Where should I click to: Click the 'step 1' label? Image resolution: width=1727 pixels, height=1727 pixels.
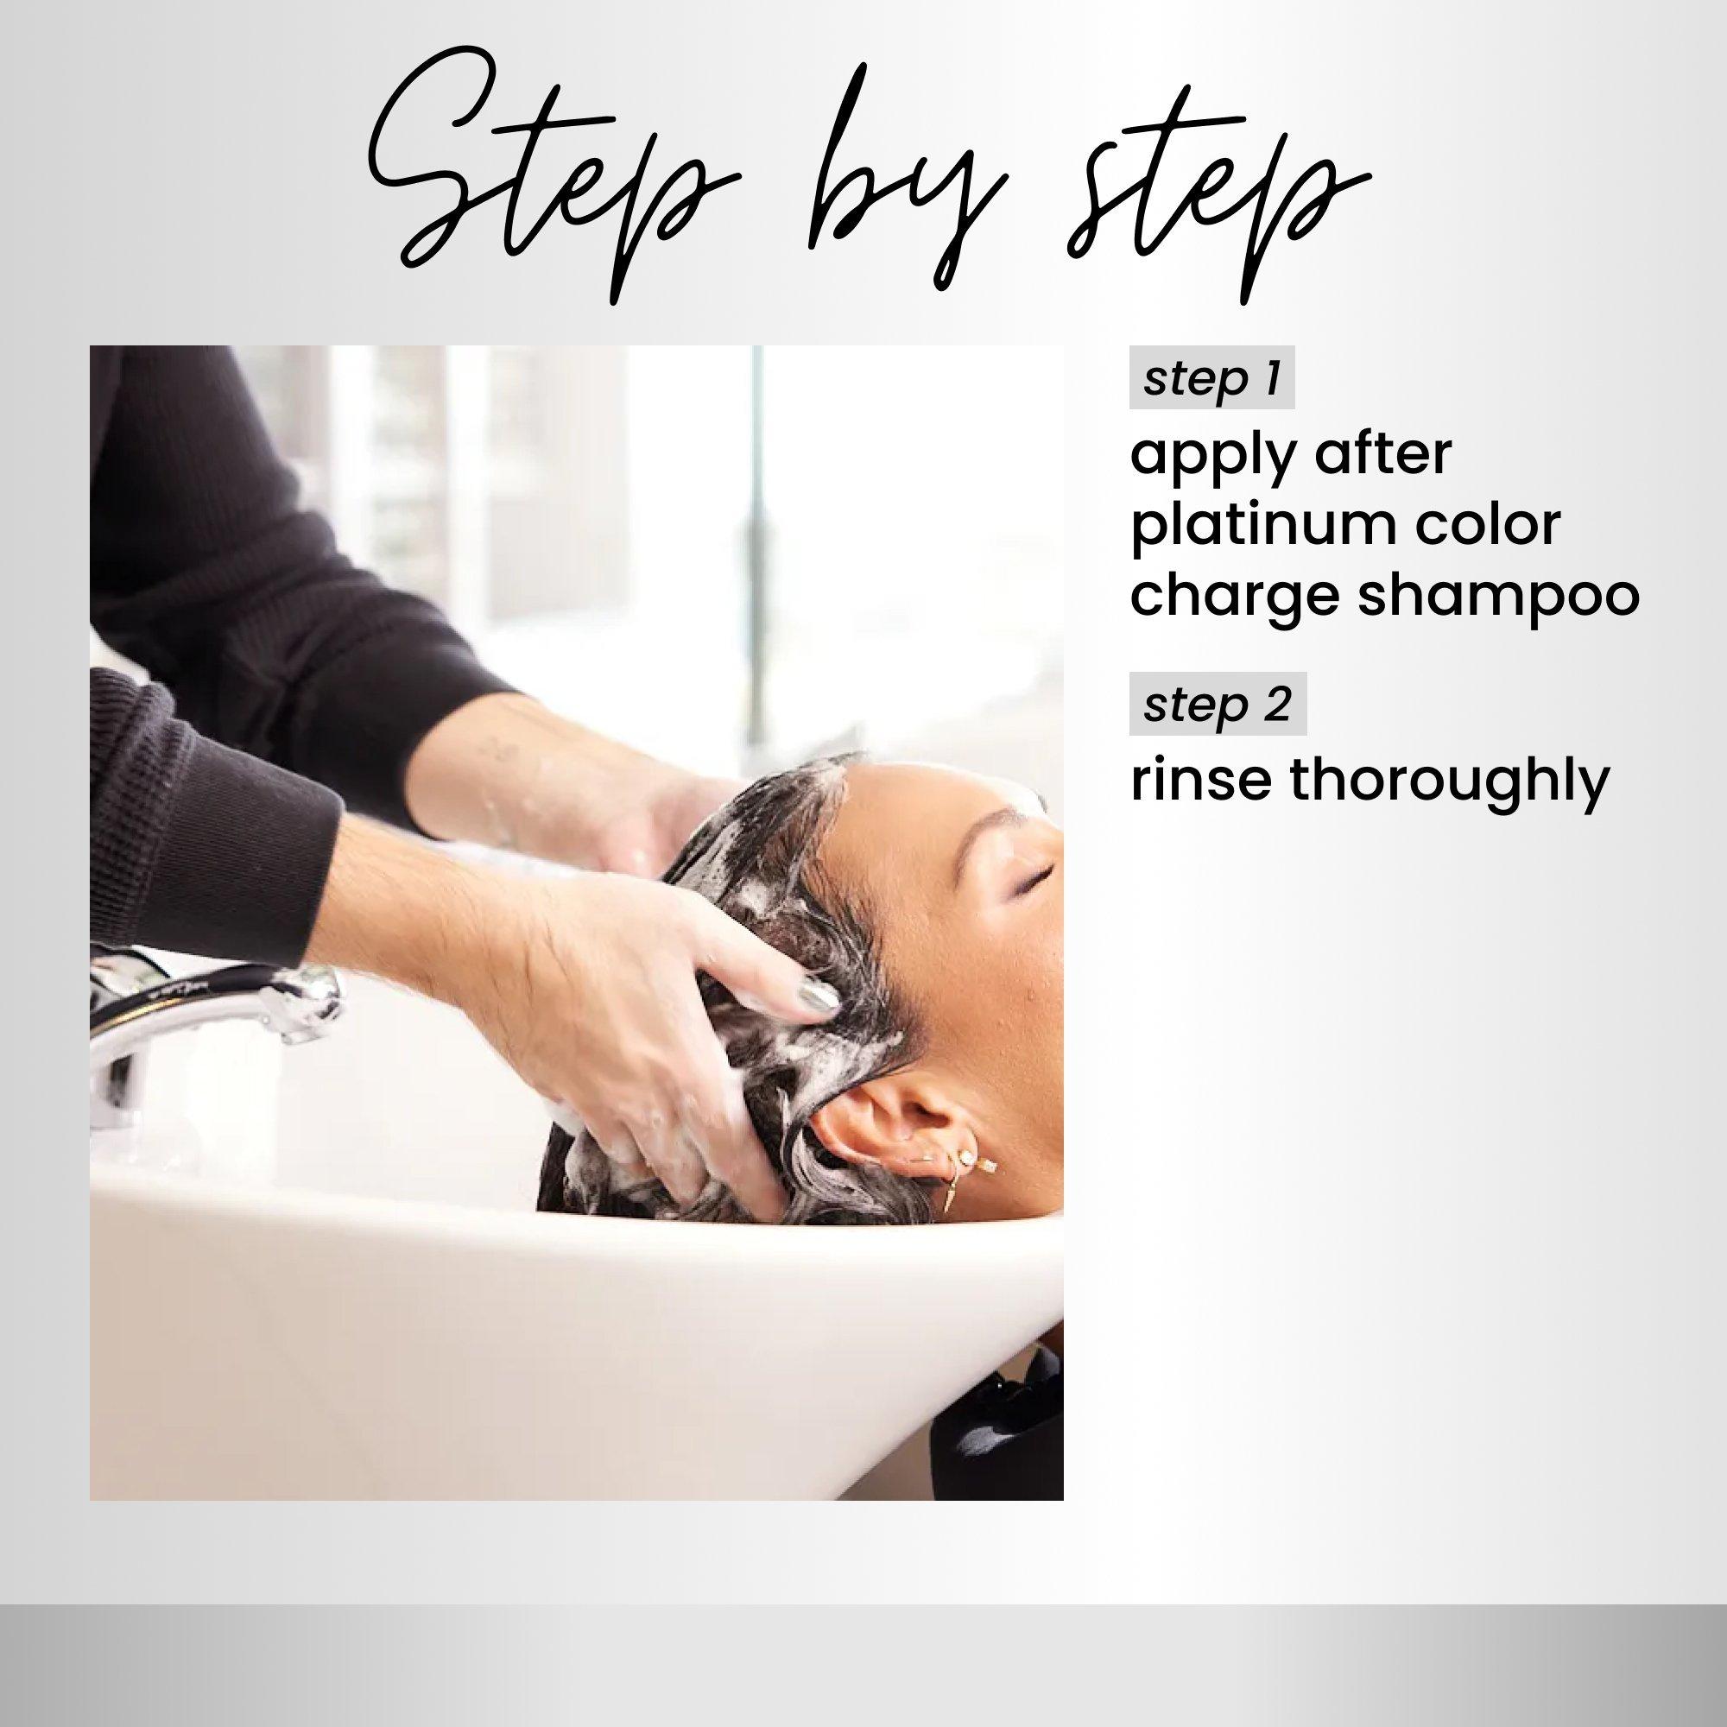(x=1211, y=379)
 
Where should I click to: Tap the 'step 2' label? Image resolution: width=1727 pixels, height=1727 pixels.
(x=1218, y=705)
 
